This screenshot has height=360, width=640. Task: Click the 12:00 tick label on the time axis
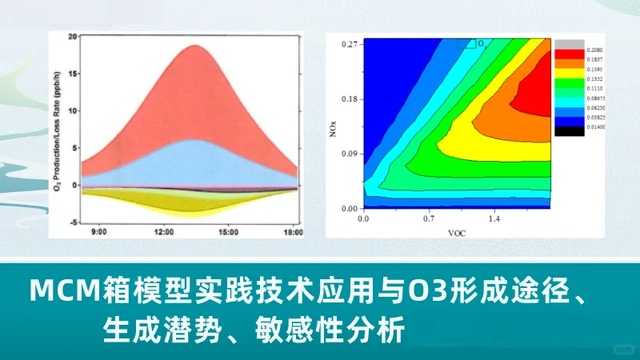coord(164,233)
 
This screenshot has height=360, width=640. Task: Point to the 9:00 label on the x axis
coord(99,233)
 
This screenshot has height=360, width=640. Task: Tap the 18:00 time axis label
coord(294,233)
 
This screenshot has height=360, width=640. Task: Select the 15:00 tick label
coord(229,233)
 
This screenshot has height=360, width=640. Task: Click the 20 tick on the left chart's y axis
coord(72,37)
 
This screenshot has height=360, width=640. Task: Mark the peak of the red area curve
coord(194,46)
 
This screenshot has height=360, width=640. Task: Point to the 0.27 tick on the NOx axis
coord(349,44)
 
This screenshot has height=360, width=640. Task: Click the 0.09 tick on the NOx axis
coord(349,154)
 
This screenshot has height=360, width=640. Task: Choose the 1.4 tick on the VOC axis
coord(494,218)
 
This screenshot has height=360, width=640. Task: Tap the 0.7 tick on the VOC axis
coord(429,218)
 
